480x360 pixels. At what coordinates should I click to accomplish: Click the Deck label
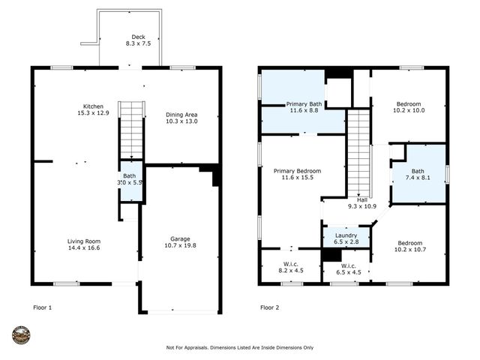(138, 37)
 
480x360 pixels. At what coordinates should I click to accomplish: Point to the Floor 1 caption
(43, 307)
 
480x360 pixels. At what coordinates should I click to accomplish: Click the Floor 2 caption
(270, 307)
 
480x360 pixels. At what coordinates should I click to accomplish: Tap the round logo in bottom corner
(21, 334)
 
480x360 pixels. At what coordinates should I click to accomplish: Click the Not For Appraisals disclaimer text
(239, 347)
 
